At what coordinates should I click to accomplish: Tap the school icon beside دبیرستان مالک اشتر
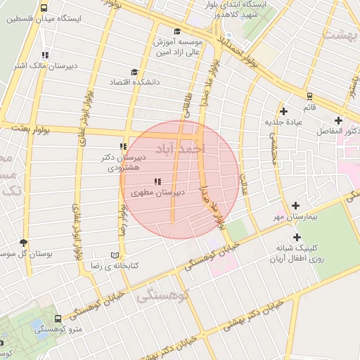coord(45,55)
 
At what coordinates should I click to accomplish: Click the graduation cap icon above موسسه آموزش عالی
coord(176,32)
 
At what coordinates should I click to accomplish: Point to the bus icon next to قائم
coord(309,96)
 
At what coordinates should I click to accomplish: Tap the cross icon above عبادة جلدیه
coord(283,111)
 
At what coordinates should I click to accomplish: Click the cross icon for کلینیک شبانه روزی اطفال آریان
coord(297,238)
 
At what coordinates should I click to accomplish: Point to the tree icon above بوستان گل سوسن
coord(25,242)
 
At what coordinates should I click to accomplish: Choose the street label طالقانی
coord(187,105)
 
